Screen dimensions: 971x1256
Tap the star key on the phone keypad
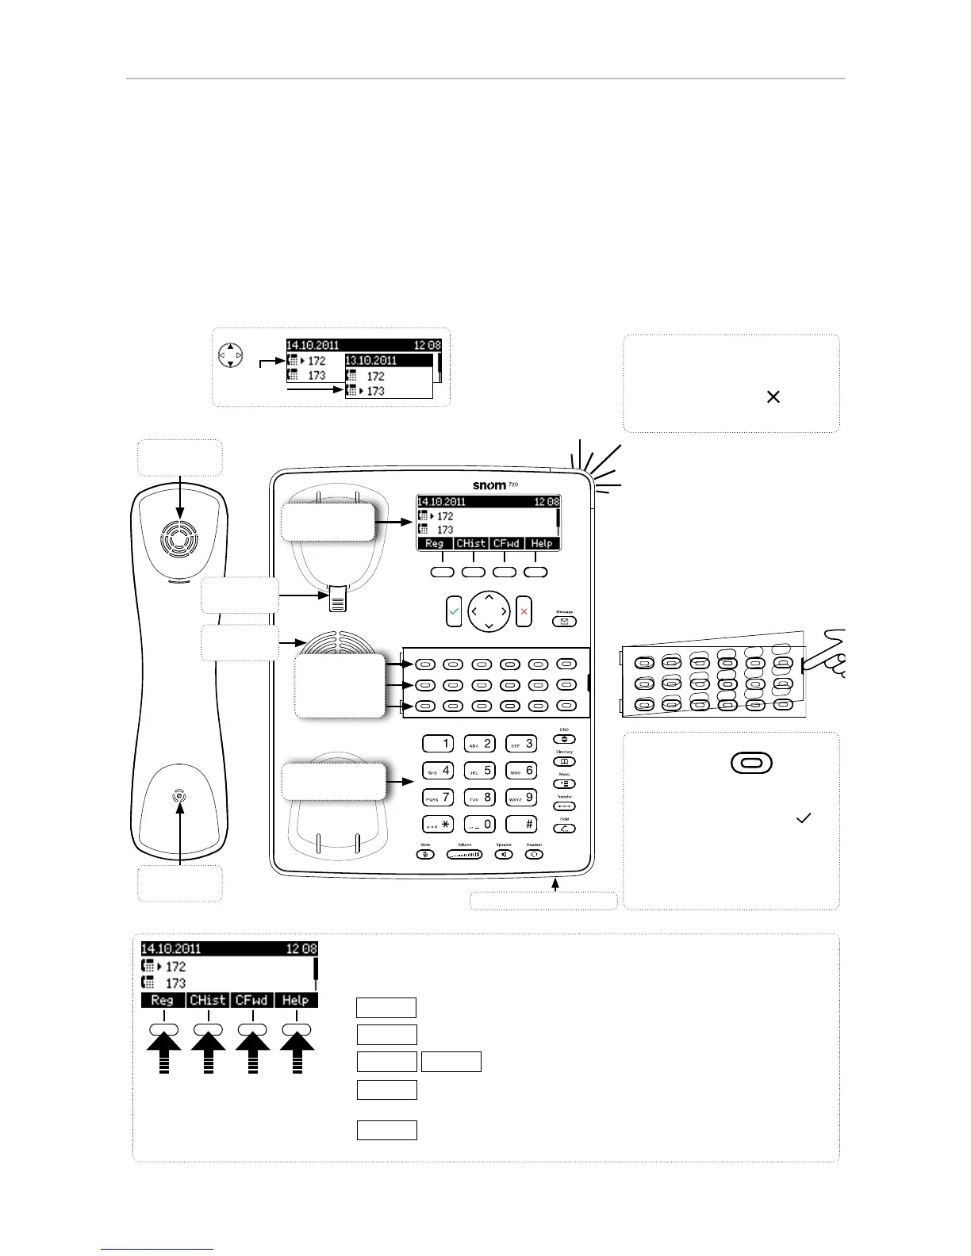(437, 824)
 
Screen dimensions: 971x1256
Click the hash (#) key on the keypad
(520, 824)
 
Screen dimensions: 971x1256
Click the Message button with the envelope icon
(564, 622)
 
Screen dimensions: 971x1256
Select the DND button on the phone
(564, 739)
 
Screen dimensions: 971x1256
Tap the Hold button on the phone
(564, 829)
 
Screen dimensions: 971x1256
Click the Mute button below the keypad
(426, 855)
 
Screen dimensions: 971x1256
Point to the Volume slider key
(464, 855)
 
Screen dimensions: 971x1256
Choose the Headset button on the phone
(534, 855)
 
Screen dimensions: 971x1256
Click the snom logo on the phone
(489, 485)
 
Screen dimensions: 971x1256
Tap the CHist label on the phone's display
(470, 543)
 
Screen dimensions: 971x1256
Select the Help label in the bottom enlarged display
(295, 1000)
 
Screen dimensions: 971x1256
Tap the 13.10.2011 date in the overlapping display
(370, 360)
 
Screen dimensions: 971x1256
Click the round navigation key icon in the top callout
(231, 354)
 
